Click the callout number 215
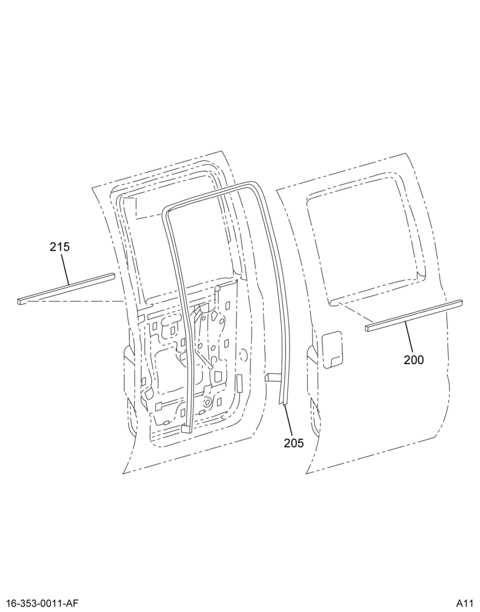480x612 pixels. tap(59, 247)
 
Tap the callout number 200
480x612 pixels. tap(414, 359)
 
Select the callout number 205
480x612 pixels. tap(294, 443)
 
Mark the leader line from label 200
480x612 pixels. tap(408, 335)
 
